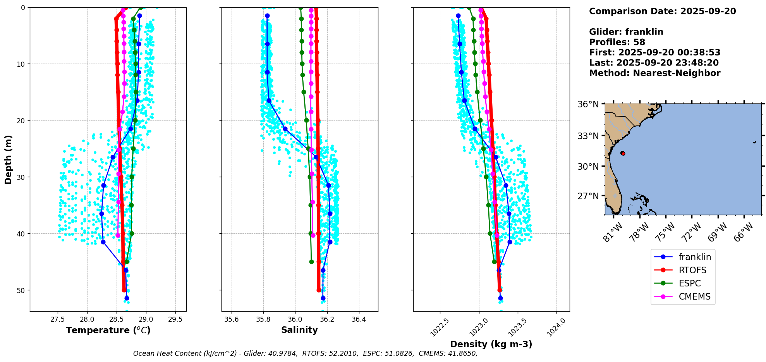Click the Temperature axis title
[108, 330]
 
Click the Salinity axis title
[299, 330]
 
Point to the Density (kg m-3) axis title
[491, 344]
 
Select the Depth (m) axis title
[9, 159]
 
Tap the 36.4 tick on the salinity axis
[359, 319]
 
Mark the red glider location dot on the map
[623, 153]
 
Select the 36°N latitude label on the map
[588, 104]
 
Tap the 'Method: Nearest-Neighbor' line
[654, 73]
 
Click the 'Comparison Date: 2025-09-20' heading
[662, 11]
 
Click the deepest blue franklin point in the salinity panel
[323, 298]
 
